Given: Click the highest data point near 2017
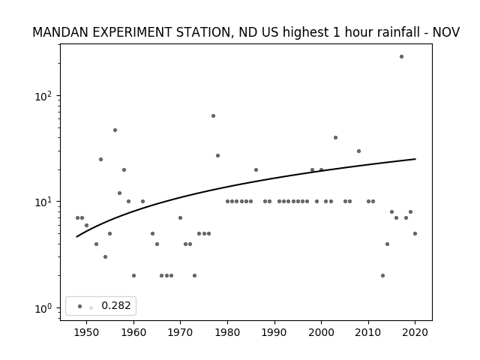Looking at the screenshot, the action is (401, 57).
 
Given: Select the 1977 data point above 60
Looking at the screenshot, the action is (213, 115).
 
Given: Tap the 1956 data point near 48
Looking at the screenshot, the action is (115, 130).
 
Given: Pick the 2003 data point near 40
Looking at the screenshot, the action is (335, 138).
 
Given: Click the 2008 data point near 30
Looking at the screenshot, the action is (358, 151).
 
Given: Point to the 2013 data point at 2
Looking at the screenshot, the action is (382, 275).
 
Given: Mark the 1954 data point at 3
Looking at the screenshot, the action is (105, 256).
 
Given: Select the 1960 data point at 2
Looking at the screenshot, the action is (133, 275).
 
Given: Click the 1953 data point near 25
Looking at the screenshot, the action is (100, 159).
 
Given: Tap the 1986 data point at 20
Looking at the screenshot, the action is (256, 170).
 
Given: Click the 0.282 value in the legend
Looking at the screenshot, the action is (116, 305).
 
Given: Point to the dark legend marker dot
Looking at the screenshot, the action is (80, 306).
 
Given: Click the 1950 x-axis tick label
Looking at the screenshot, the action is (87, 332).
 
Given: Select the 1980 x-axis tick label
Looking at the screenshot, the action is (227, 332).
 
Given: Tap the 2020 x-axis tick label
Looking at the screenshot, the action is (415, 332).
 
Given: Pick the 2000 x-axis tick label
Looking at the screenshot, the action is (322, 332).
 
